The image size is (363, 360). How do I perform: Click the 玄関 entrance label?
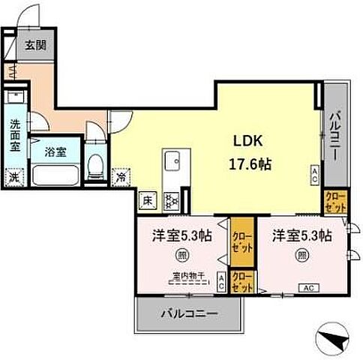click(34, 45)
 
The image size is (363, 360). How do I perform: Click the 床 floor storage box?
click(148, 201)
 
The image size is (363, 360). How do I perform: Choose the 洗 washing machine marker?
click(13, 178)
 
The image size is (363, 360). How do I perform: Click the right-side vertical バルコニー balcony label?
click(335, 139)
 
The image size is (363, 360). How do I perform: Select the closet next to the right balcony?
click(334, 201)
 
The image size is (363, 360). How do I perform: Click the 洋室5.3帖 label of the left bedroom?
click(181, 235)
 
